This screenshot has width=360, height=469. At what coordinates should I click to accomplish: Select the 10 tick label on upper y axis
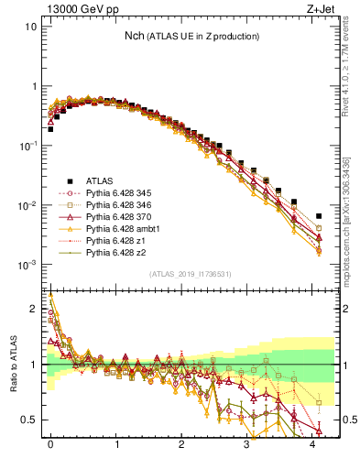(x=31, y=27)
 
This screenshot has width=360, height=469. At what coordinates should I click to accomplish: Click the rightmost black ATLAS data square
(x=319, y=216)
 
